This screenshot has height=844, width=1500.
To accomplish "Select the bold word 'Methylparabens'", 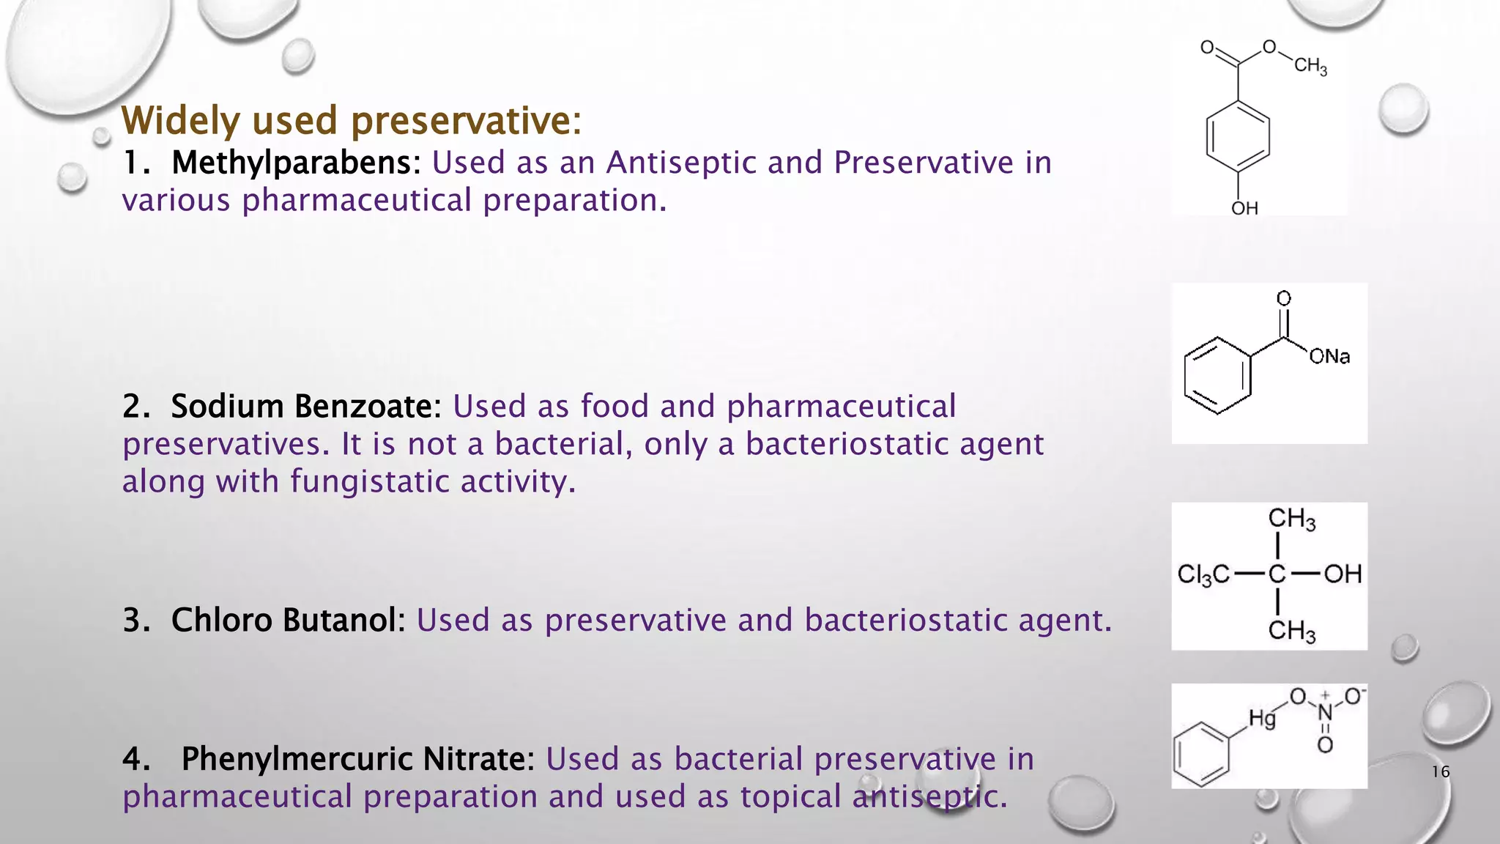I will coord(292,163).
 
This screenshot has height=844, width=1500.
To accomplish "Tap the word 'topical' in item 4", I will coord(790,797).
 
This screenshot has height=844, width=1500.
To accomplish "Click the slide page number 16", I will coord(1440,771).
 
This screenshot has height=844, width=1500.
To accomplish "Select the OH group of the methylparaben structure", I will coord(1244,209).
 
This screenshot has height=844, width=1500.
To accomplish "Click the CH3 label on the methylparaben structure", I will coord(1310,66).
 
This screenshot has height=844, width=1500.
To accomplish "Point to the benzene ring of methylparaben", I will coord(1238,136).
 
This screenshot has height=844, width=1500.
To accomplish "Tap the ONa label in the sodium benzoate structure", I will coord(1329,357).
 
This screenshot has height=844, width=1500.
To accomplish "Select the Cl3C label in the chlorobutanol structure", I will coord(1203,574).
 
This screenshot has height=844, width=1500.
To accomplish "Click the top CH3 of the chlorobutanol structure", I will coord(1292,519).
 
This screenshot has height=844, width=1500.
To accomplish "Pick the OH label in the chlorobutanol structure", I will coord(1343,574).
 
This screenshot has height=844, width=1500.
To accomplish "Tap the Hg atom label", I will coord(1262,718).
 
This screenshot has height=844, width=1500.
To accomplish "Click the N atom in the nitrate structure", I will coord(1325,712).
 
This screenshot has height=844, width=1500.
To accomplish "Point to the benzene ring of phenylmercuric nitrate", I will coord(1201,755).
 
